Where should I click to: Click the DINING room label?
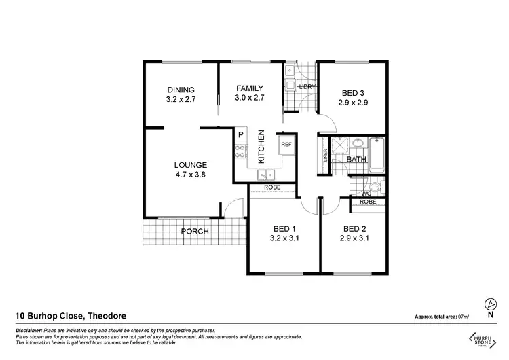(181, 90)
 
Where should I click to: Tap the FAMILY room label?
(249, 88)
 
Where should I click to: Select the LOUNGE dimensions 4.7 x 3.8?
(190, 174)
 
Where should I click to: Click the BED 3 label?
(353, 93)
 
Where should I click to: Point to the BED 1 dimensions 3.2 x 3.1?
(284, 238)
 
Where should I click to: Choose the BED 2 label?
(355, 228)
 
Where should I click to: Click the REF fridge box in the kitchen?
(286, 145)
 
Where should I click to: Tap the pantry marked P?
(240, 135)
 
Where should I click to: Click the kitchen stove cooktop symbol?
(240, 151)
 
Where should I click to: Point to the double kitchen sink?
(265, 174)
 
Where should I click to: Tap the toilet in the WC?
(375, 187)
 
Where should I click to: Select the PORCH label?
(194, 232)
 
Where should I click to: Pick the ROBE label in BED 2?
(369, 202)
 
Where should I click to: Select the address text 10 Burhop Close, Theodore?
(70, 316)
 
